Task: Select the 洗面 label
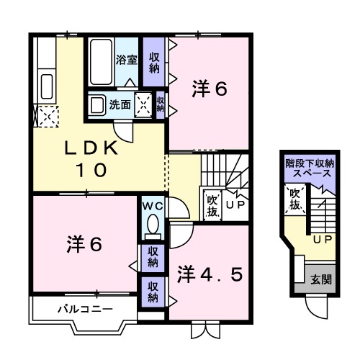[x=120, y=104]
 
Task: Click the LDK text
[x=91, y=148]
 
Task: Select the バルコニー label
[x=85, y=310]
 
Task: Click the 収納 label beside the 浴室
[x=154, y=61]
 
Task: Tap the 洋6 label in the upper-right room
[x=210, y=89]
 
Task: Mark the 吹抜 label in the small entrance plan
[x=294, y=199]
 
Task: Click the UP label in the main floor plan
[x=235, y=205]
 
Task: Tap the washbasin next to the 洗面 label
[x=97, y=104]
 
